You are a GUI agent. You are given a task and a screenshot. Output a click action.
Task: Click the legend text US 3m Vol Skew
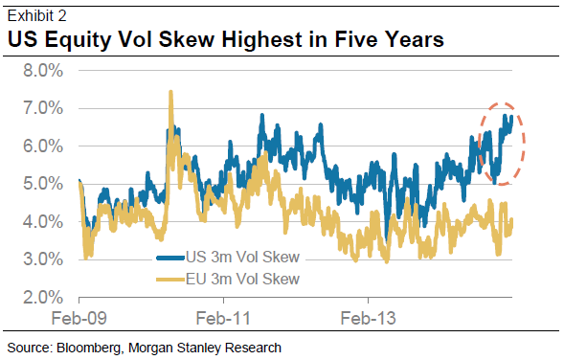243,258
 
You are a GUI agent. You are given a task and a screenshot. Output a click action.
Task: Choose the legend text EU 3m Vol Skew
243,279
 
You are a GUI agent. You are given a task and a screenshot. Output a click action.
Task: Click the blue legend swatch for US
170,258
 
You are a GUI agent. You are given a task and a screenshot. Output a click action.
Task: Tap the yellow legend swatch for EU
170,279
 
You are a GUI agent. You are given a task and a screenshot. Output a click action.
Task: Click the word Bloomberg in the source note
84,347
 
